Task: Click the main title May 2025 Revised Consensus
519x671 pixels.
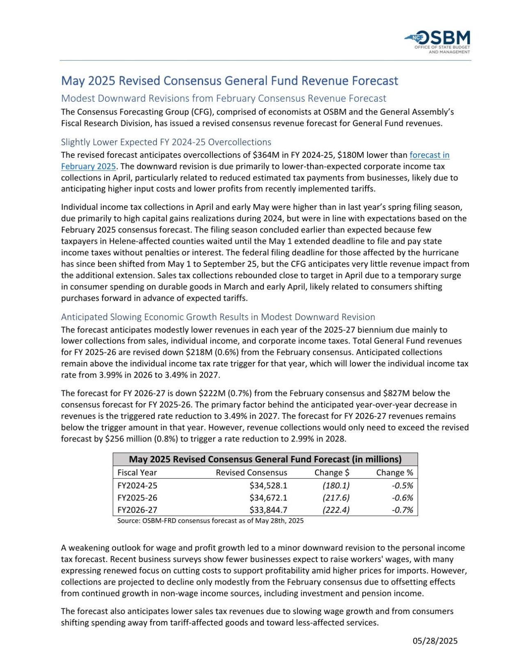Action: coord(229,80)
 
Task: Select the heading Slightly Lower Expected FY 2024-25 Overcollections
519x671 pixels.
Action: coord(166,142)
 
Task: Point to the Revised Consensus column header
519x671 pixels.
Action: coord(251,472)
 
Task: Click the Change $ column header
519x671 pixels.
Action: coord(332,472)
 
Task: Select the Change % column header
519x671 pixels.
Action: coord(394,472)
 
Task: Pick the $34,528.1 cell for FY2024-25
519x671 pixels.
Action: coord(268,485)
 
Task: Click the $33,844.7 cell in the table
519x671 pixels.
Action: coord(268,510)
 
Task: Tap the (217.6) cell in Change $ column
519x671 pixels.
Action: coord(336,498)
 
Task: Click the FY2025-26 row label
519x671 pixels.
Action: coord(137,498)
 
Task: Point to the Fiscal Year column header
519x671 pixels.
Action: coord(137,472)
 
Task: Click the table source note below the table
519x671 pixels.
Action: coord(210,521)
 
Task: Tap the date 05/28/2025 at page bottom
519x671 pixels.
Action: coord(435,641)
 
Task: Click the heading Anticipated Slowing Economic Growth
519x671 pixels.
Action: coord(218,317)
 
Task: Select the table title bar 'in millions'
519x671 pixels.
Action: coord(265,459)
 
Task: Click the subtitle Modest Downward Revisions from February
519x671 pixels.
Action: coord(224,98)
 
